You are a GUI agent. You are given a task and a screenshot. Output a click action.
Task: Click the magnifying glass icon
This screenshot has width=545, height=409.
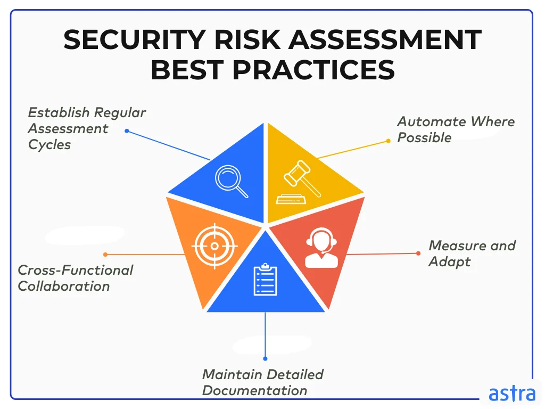point(232,181)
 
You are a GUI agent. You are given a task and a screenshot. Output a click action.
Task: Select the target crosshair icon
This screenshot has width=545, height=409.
point(214,246)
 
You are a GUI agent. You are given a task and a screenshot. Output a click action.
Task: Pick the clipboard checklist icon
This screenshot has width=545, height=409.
point(265,280)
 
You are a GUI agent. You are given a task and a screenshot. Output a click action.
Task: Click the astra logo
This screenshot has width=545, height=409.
point(511,394)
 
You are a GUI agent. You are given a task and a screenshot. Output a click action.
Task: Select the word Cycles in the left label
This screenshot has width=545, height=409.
point(49,144)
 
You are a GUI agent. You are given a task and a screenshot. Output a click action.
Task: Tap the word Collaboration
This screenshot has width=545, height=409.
point(64,286)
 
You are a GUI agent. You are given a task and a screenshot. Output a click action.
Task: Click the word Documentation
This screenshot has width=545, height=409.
point(255,390)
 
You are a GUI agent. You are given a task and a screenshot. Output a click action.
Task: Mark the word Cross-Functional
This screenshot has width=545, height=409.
point(76,270)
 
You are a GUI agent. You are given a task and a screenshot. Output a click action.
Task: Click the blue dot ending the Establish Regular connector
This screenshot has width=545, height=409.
point(127,130)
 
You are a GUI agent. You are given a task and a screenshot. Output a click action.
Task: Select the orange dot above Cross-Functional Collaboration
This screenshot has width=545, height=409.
point(105,255)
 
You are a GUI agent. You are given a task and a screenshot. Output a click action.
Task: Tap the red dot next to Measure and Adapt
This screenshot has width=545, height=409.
point(418,253)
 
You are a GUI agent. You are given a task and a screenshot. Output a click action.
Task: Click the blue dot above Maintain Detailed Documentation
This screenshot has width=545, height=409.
point(265,358)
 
